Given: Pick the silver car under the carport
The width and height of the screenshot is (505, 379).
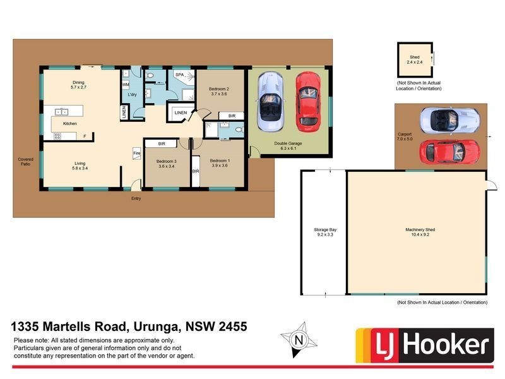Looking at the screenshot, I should [x=449, y=119].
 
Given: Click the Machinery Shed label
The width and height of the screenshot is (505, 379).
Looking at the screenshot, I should [x=417, y=232].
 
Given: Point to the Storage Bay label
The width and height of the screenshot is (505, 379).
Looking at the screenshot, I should [x=323, y=232].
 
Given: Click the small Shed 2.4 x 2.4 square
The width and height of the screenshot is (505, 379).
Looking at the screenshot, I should [x=415, y=61].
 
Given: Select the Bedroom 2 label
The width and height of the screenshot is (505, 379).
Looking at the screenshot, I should [x=218, y=92].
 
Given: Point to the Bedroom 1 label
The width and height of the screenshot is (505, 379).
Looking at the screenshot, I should [x=220, y=162].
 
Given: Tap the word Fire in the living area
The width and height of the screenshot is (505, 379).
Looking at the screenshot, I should [x=135, y=153].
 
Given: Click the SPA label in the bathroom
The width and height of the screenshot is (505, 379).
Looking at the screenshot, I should [x=179, y=75].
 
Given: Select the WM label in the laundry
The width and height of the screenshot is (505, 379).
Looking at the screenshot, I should [x=125, y=83].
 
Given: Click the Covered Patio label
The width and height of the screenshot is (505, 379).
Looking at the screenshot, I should [x=26, y=161].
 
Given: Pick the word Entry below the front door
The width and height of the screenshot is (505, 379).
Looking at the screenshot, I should [x=136, y=198].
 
